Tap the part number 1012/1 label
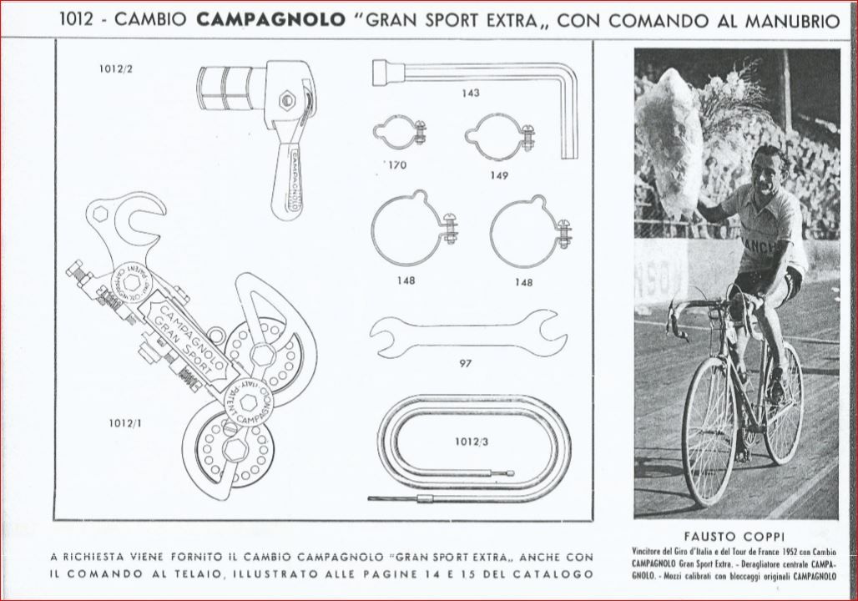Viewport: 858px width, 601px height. (x=126, y=423)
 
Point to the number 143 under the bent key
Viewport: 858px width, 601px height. (x=471, y=93)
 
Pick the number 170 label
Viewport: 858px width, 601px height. (x=397, y=165)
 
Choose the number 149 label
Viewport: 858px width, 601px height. (x=499, y=175)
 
